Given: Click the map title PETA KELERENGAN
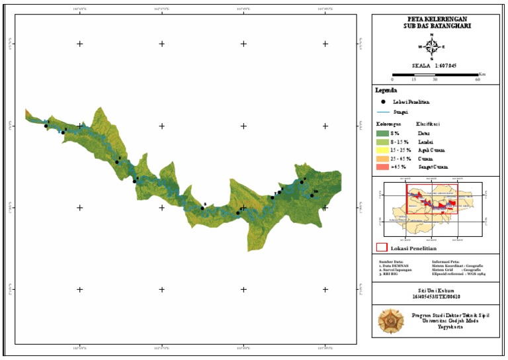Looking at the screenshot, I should tap(432, 20).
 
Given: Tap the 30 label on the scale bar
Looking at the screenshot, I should tap(435, 79).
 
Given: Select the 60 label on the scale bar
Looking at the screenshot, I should tap(478, 79).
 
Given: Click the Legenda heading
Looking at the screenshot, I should tap(386, 90).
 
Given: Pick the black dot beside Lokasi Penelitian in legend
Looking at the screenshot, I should tap(383, 102).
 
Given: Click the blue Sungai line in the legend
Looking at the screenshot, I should tap(383, 113).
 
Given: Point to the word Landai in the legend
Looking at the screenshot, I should tap(425, 142).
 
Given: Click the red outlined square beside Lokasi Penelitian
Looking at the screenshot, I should tap(381, 247).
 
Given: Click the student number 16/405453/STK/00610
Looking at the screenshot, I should tap(432, 297).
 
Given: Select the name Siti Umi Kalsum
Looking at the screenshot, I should tap(432, 291).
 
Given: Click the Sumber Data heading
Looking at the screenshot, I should tap(390, 261).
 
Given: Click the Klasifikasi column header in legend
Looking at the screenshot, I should tap(428, 124).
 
